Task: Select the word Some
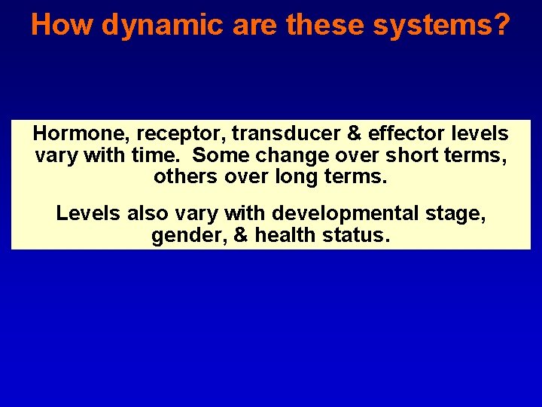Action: coord(218,157)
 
